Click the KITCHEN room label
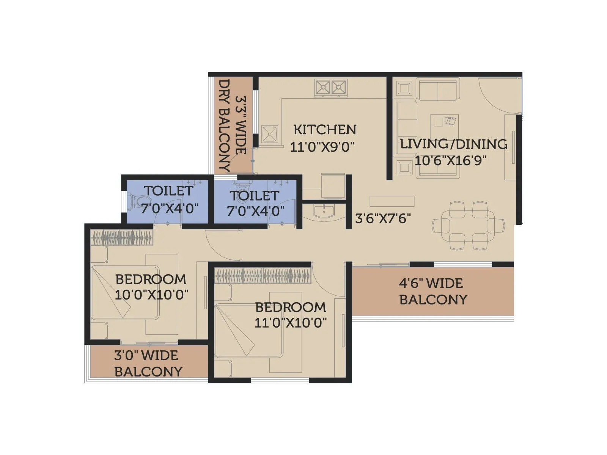[325, 130]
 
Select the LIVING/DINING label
[454, 144]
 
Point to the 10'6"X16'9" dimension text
[450, 160]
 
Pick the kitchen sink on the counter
[269, 134]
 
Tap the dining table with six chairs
[469, 225]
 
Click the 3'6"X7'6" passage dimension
[383, 218]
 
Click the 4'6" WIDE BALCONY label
[433, 291]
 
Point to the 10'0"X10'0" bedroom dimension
[151, 295]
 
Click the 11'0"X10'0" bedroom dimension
[290, 323]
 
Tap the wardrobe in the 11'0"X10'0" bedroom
[263, 276]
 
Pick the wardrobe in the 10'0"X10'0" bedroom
[122, 238]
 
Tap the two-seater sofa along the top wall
[438, 90]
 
